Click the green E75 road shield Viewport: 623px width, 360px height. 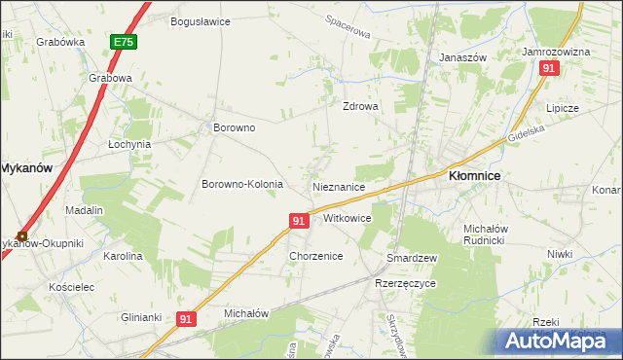(123, 43)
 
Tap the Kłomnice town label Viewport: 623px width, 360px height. (474, 176)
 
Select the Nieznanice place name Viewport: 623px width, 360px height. (339, 186)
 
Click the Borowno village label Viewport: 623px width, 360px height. (234, 127)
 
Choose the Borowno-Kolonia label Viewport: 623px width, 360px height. (242, 184)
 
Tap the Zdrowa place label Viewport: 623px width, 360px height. (359, 107)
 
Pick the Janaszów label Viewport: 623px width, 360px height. (462, 57)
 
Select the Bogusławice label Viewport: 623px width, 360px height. (200, 20)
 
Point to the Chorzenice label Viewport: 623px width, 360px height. (315, 256)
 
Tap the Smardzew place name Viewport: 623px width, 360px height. (411, 258)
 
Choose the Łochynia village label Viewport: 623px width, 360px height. (128, 143)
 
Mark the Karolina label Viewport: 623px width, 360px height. (123, 256)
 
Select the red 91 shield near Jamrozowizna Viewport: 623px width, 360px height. (549, 68)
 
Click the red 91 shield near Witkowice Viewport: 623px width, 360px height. (299, 222)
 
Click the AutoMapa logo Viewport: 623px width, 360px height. (551, 340)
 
